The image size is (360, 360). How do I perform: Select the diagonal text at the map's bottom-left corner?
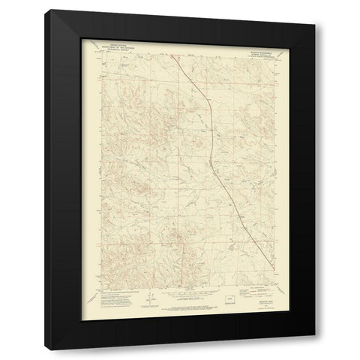tap(96, 292)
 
